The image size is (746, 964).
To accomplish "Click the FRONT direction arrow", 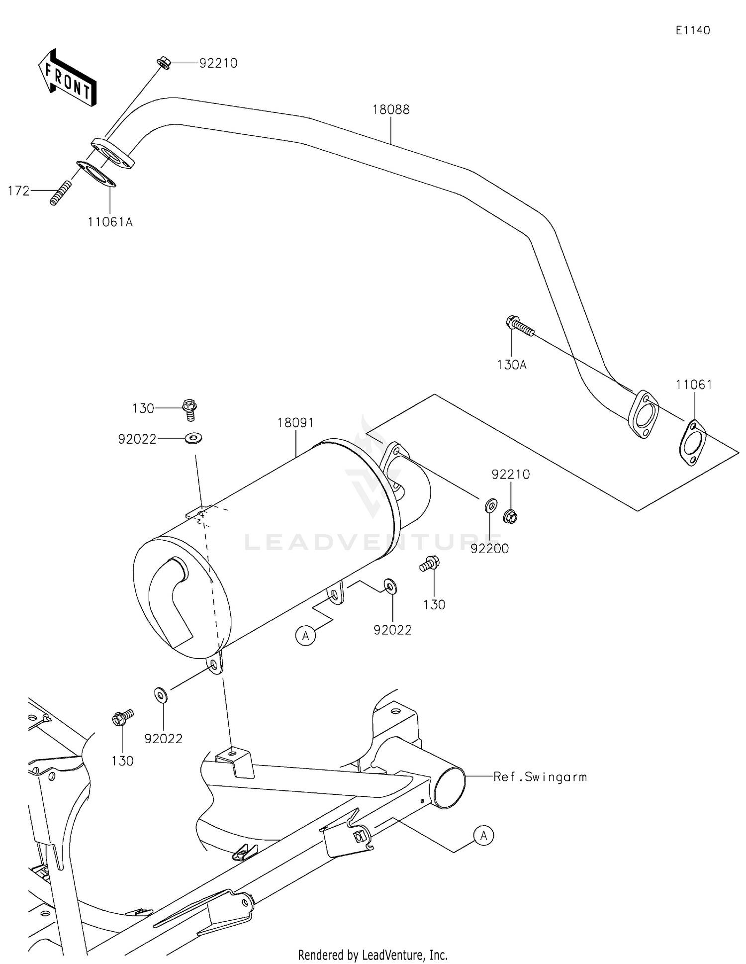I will pos(67,78).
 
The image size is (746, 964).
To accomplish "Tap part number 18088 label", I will pos(391,109).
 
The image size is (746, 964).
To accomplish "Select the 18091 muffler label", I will pos(295,423).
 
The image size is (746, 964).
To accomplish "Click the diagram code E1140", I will pos(692,30).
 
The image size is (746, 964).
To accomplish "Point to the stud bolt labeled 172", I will pos(60,193).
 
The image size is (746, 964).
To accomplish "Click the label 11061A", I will pos(110,222).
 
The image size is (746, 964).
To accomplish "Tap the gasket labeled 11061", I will pos(692,442).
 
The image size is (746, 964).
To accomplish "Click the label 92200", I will pos(489,549).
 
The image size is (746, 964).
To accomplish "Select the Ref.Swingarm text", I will pos(540,777).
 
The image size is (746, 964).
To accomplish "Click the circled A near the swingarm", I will pos(483,836).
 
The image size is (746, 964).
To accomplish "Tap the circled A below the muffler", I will pos(305,635).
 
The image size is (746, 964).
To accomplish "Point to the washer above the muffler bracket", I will pos(193,438).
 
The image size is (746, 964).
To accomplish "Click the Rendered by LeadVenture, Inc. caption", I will pos(373,955).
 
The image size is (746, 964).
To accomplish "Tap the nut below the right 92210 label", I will pos(510,516).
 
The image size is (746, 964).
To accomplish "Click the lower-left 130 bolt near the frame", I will pos(121,717).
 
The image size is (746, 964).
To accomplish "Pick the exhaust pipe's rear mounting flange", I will pos(644,414).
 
